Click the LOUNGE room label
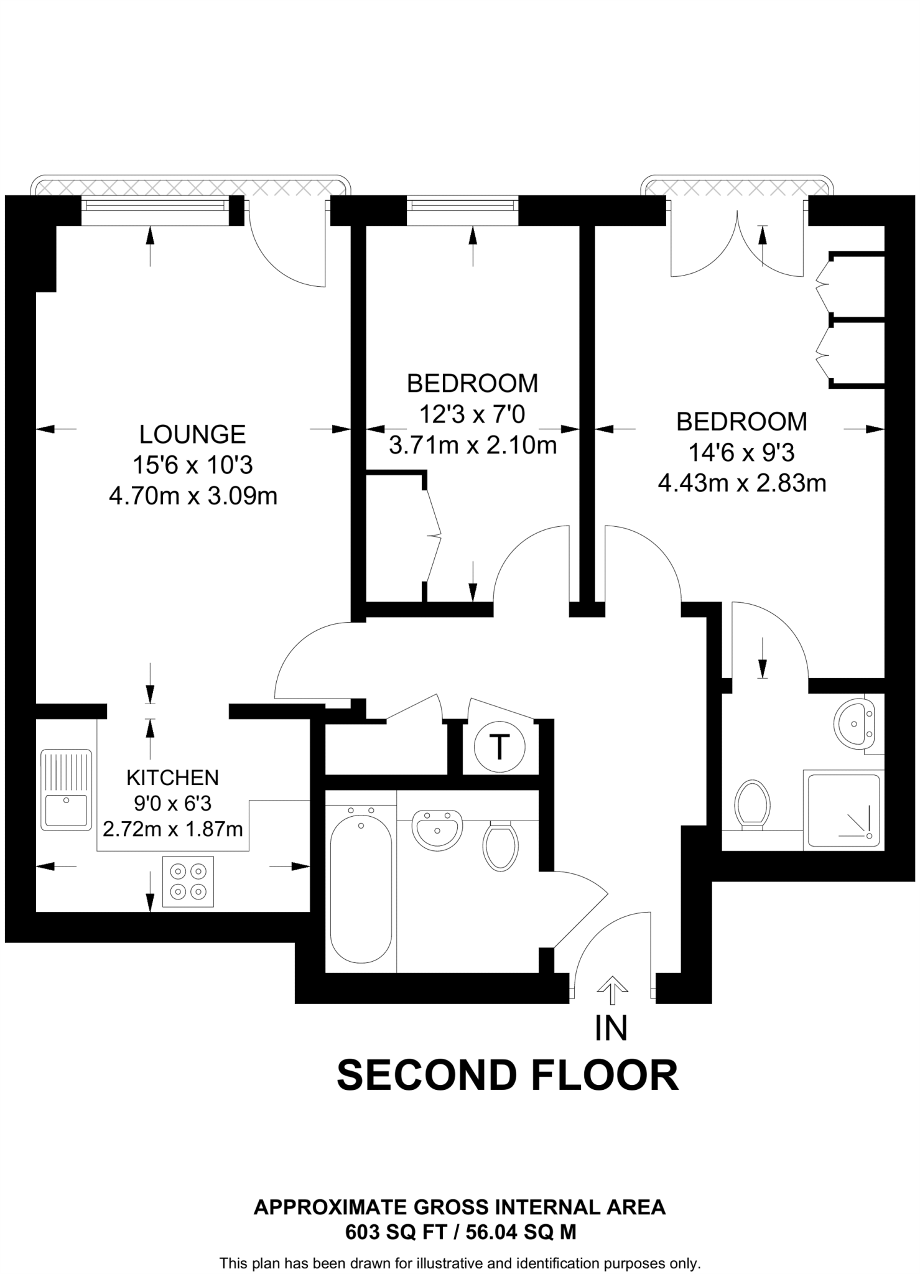192,434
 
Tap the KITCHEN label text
172,778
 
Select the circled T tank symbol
499,746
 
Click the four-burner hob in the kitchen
188,881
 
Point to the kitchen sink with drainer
66,789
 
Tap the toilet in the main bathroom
501,846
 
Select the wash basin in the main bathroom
437,829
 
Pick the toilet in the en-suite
752,804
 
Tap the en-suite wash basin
854,723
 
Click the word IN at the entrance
611,1028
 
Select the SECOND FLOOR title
507,1076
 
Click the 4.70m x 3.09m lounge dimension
193,496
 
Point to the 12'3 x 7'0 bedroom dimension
472,414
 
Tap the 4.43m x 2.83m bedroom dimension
742,483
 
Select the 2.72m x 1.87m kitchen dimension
172,829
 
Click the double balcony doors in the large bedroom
737,243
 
